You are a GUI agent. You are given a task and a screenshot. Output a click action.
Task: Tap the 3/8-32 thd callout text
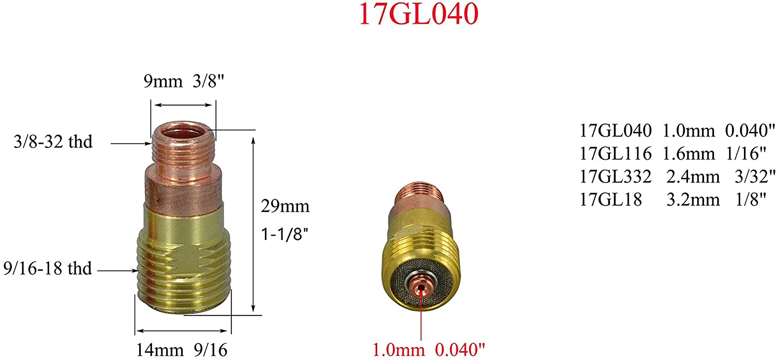(x=53, y=142)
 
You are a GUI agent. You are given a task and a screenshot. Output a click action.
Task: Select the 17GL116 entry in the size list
(x=615, y=154)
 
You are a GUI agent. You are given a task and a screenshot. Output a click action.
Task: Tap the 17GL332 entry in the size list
(x=615, y=176)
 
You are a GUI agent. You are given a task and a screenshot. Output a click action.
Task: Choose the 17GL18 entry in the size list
(x=610, y=200)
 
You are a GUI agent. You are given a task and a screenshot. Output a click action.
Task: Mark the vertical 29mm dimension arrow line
(x=253, y=222)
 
